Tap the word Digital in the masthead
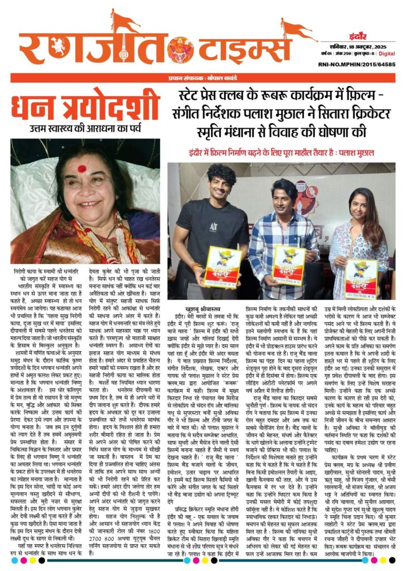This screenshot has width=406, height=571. [387, 54]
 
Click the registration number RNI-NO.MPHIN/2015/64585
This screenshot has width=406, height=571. [358, 64]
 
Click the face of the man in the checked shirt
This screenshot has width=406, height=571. [288, 194]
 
